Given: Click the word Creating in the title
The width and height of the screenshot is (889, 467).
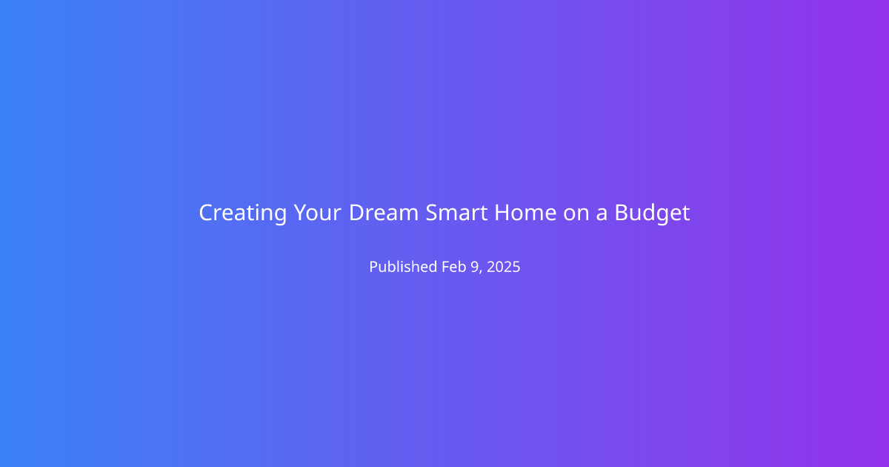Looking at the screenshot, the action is click(243, 213).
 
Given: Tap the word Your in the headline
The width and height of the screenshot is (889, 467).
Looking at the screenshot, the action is click(317, 213).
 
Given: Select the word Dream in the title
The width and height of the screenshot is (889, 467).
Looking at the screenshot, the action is click(384, 213).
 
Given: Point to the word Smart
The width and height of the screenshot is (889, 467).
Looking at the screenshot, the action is click(456, 213).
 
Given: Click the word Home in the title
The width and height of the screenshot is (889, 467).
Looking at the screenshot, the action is click(525, 213).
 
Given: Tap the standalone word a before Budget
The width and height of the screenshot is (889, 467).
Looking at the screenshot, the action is click(602, 215).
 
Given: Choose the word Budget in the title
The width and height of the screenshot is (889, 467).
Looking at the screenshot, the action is click(653, 213).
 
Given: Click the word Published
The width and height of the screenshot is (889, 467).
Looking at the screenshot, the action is click(403, 266).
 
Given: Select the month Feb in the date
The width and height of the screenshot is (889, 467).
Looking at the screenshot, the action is click(454, 266).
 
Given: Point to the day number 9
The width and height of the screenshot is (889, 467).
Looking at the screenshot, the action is click(475, 267).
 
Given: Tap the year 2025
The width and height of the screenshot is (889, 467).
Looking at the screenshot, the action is click(503, 267).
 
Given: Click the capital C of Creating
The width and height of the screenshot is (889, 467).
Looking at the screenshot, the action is click(207, 213).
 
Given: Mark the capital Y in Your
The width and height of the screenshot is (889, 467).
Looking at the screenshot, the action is click(302, 213).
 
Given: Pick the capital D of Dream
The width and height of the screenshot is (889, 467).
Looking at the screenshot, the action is click(357, 213).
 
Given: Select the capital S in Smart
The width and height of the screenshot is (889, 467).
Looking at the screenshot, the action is click(432, 213).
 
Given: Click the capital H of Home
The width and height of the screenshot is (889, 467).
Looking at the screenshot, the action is click(502, 213).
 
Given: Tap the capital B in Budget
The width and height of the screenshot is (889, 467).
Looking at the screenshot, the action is click(622, 213).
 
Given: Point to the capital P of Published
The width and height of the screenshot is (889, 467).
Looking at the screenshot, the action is click(374, 267).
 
